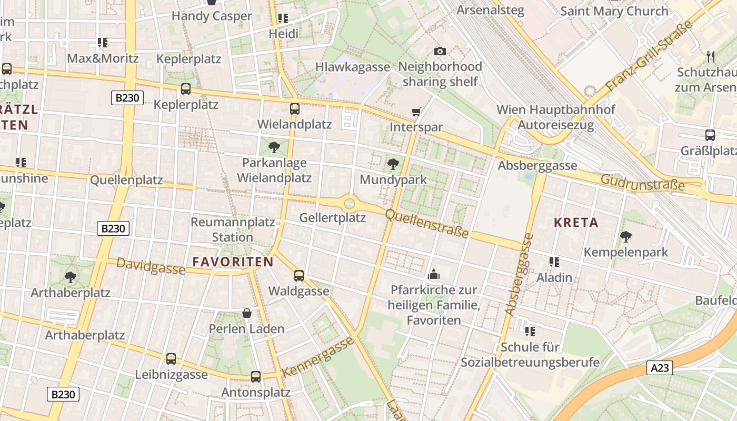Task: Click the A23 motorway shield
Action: [660, 368]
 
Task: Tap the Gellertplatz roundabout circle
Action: [350, 203]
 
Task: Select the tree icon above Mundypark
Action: [393, 164]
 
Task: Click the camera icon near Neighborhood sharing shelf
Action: [440, 51]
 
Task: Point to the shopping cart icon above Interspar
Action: [416, 112]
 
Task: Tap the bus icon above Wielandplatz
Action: [294, 109]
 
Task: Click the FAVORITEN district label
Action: [233, 262]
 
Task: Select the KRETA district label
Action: [576, 222]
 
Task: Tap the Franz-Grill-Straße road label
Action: [649, 56]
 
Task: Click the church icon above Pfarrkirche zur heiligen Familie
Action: [434, 274]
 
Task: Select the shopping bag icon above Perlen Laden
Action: [246, 314]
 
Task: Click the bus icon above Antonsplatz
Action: [256, 376]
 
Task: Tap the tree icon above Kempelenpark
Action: [625, 236]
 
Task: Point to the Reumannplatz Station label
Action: [233, 229]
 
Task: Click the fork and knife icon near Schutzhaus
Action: [711, 56]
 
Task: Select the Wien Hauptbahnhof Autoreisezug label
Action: [556, 117]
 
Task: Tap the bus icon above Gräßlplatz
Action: [710, 135]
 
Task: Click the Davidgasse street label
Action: [151, 266]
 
